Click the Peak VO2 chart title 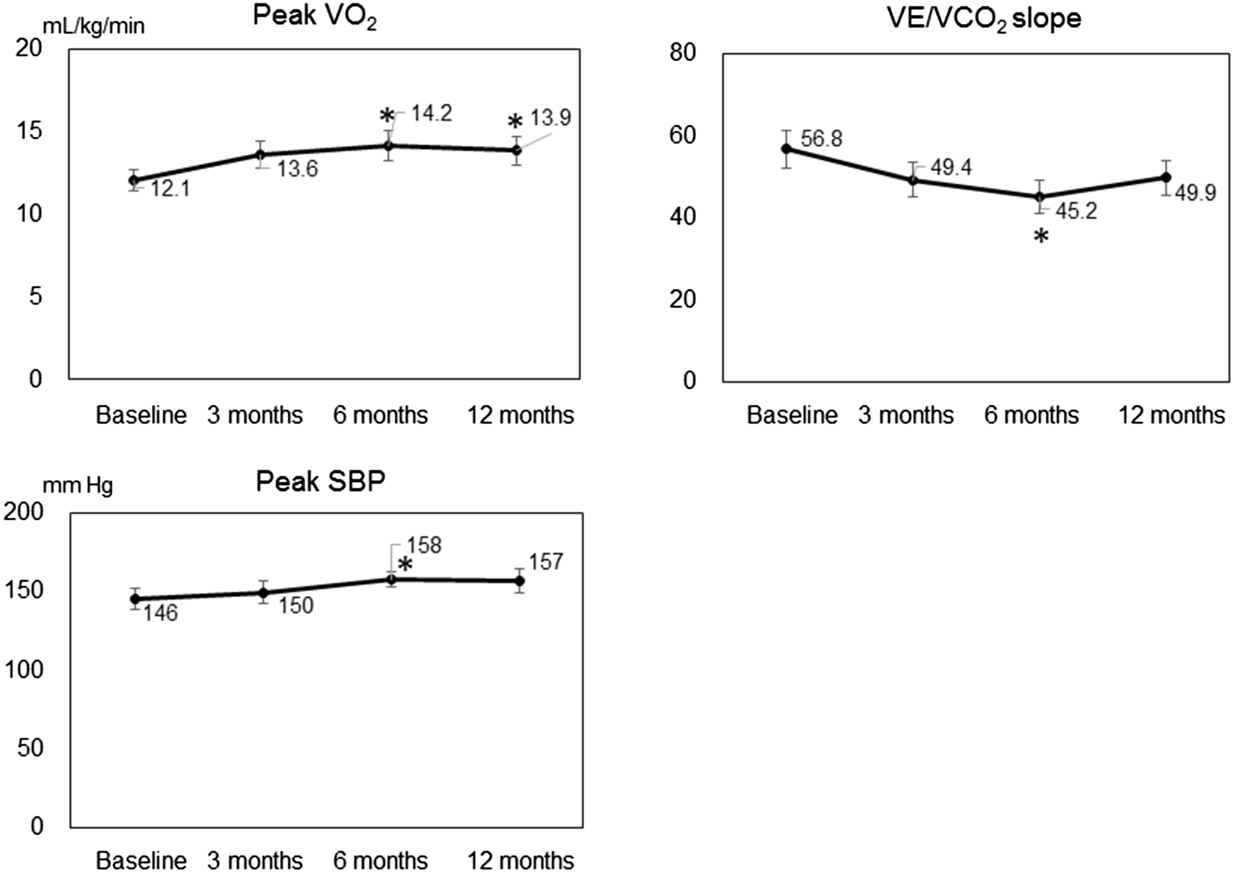coord(315,17)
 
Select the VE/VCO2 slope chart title coord(984,19)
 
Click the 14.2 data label coord(432,114)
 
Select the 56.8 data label coord(821,139)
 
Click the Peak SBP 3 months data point coord(263,593)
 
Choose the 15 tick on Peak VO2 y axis coord(29,131)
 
